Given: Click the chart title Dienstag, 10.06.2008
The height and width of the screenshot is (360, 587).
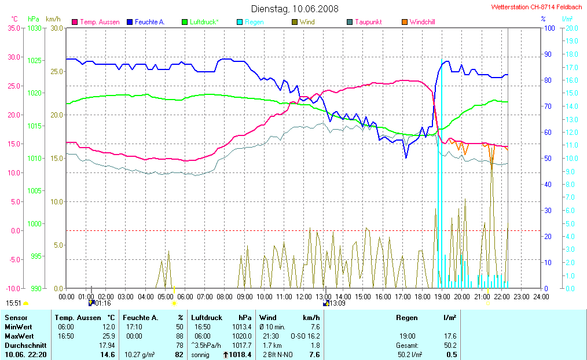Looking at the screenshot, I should tap(295, 9).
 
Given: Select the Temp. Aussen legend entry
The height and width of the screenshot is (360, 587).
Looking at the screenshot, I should tap(99, 22).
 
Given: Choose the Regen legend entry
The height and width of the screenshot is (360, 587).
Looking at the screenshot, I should tap(254, 22).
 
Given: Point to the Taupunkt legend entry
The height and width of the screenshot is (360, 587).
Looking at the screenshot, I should tap(368, 22).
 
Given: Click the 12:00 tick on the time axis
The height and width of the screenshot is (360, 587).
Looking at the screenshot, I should tap(304, 296).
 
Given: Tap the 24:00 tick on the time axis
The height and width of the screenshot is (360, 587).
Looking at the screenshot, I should tap(541, 296).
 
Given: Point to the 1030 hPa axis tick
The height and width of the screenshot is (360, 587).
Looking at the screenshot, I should tap(35, 28).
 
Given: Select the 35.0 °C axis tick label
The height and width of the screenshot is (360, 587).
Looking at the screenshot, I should tap(14, 28).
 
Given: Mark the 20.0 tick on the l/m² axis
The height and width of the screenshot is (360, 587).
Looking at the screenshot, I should tap(570, 28).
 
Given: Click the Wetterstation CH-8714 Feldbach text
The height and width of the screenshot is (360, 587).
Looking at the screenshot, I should tap(537, 8).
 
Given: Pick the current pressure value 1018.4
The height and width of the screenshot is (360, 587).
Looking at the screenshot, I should tap(240, 355).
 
